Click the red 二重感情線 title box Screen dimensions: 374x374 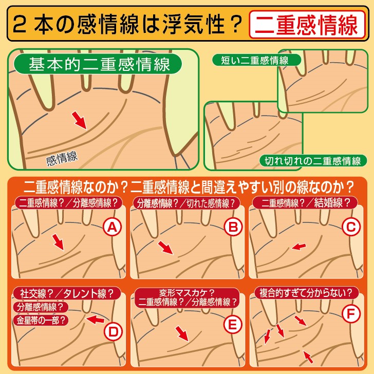point(307,25)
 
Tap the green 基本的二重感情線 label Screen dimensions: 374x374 point(98,64)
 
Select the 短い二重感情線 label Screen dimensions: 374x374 point(256,60)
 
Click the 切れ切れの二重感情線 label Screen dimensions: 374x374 point(313,161)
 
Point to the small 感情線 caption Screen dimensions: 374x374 point(62,158)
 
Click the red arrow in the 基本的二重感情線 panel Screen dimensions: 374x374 point(80,120)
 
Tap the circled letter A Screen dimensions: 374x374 point(113,227)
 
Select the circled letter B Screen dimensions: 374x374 point(233,227)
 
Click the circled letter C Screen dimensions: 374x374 point(351,227)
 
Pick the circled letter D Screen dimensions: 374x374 point(114,331)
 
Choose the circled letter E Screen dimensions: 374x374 point(233,325)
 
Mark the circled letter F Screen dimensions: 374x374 point(351,314)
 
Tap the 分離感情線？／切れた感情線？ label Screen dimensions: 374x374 point(186,203)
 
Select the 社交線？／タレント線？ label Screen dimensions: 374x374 point(67,293)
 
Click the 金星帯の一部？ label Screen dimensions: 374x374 point(41,321)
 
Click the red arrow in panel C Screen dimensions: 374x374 point(298,247)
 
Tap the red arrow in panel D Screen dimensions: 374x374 point(95,320)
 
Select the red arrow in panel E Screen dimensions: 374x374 point(182,334)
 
